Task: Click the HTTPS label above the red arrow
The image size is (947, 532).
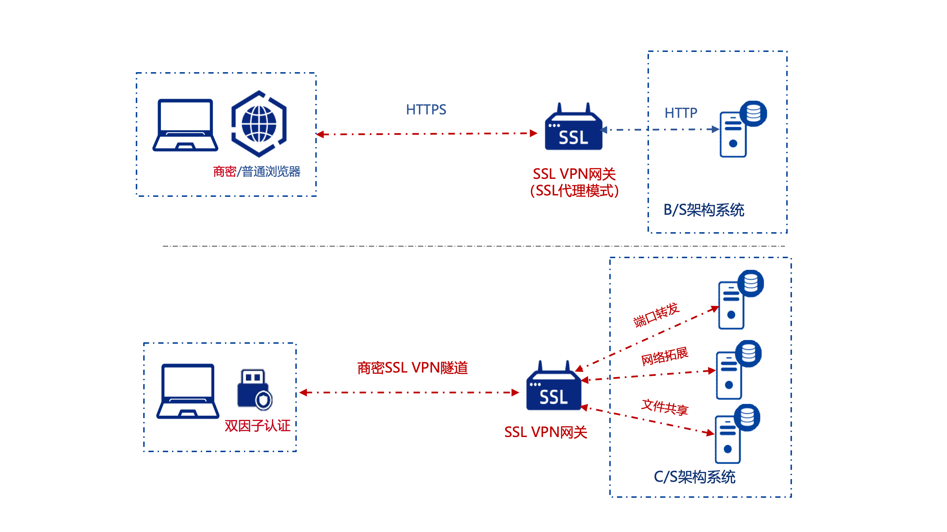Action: pyautogui.click(x=426, y=110)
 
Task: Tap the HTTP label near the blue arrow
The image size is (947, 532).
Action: pyautogui.click(x=680, y=113)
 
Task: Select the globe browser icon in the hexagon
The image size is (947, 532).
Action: pyautogui.click(x=259, y=124)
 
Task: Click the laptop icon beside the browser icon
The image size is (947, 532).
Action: pyautogui.click(x=185, y=125)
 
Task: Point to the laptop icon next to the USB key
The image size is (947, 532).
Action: pyautogui.click(x=188, y=391)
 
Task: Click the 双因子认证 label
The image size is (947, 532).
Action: pyautogui.click(x=257, y=426)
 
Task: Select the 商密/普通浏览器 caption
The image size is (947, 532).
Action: pyautogui.click(x=257, y=171)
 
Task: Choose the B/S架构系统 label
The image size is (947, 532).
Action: pyautogui.click(x=704, y=210)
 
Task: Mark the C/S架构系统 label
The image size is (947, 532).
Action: pyautogui.click(x=694, y=477)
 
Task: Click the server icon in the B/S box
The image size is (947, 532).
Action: pyautogui.click(x=743, y=129)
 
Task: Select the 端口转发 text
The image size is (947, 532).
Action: pyautogui.click(x=656, y=315)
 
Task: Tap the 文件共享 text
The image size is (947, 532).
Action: pyautogui.click(x=665, y=407)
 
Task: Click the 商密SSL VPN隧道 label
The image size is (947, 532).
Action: pyautogui.click(x=412, y=368)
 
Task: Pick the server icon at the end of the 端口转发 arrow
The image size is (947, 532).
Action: pyautogui.click(x=741, y=300)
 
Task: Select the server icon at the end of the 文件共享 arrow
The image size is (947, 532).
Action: pyautogui.click(x=737, y=434)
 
